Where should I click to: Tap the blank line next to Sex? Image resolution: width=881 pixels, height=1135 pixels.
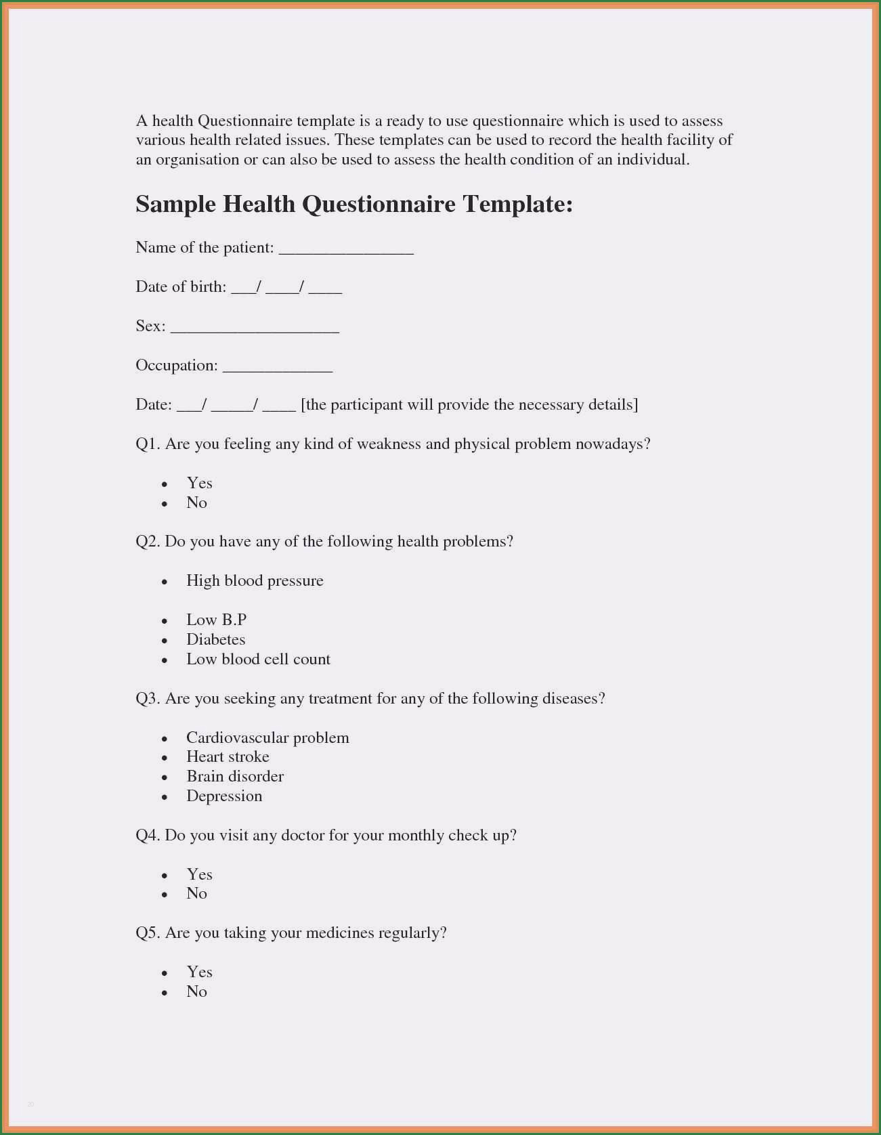[255, 329]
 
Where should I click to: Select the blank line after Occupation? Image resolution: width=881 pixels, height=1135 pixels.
[278, 368]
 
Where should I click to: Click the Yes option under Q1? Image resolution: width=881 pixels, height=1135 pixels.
[199, 483]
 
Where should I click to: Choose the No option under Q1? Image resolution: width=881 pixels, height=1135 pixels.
[196, 502]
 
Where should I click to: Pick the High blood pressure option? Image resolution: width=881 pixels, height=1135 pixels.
[255, 581]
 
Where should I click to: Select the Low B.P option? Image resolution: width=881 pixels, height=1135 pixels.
[216, 620]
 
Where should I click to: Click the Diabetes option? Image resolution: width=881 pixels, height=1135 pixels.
[215, 639]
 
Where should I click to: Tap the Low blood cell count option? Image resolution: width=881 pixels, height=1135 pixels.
[258, 659]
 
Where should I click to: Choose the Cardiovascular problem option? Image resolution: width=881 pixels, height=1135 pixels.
[267, 737]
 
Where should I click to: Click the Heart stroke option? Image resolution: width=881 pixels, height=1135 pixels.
[228, 756]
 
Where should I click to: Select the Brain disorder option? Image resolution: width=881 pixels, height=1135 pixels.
[235, 776]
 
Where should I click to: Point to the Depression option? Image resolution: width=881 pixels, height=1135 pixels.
[224, 796]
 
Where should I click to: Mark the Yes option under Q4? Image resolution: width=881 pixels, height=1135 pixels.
[199, 874]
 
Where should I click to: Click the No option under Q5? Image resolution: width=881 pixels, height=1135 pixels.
[196, 991]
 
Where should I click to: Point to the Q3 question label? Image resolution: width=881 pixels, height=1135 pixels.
[147, 698]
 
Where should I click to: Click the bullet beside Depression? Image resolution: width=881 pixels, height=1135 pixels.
[165, 798]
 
